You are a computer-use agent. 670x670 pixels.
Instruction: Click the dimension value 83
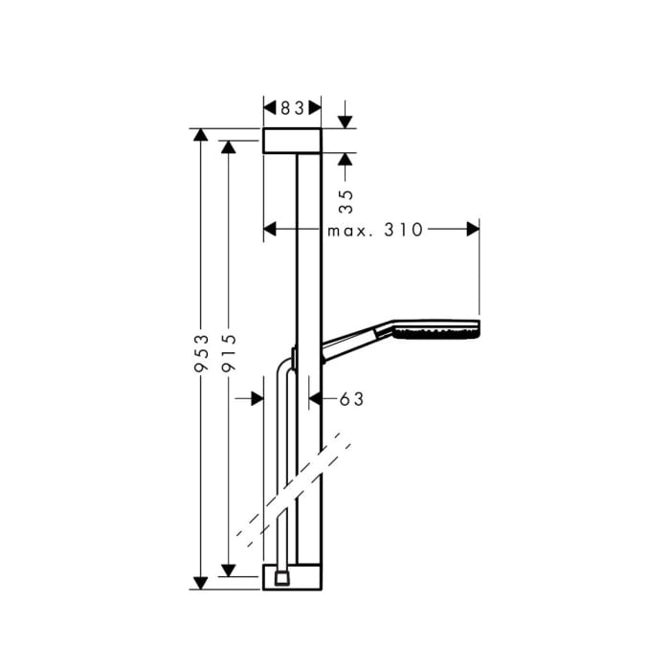(x=292, y=108)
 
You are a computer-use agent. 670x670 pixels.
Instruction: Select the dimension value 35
(x=347, y=199)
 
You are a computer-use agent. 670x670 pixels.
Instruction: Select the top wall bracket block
(x=292, y=141)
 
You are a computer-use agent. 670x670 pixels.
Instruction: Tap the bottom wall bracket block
(x=292, y=577)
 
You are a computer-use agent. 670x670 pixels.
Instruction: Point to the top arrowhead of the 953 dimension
(x=200, y=135)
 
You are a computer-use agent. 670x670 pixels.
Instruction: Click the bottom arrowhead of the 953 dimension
(x=200, y=582)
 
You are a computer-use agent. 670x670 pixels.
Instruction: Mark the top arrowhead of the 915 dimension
(x=228, y=146)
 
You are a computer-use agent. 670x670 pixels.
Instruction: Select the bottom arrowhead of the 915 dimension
(x=228, y=570)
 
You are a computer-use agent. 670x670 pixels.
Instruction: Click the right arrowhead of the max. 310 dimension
(x=472, y=230)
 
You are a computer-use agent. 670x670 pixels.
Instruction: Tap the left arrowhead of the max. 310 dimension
(x=269, y=230)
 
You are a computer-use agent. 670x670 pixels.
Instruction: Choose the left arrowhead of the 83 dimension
(x=269, y=108)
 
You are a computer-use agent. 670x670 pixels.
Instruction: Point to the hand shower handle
(x=354, y=339)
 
